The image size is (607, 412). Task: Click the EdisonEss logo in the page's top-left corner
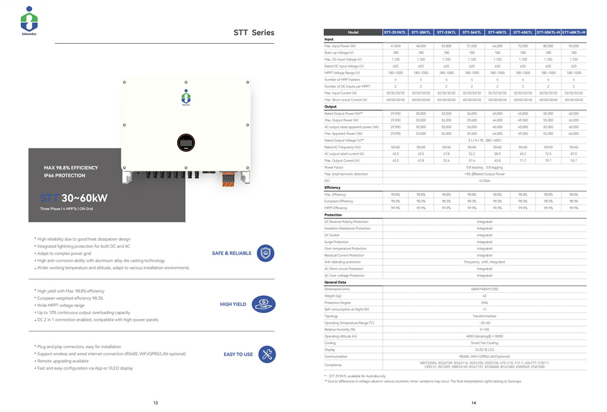(x=29, y=21)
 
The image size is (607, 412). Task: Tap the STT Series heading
(x=254, y=33)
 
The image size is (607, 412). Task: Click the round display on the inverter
(x=186, y=143)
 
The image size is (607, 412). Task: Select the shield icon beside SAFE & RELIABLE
(x=265, y=253)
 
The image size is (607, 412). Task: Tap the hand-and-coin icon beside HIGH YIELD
(x=265, y=304)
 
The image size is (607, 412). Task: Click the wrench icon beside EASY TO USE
(x=265, y=354)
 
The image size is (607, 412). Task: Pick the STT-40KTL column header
(x=497, y=32)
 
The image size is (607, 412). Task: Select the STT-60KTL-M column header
(x=573, y=32)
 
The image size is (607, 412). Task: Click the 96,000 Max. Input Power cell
(x=573, y=46)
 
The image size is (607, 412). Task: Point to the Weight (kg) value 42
(x=484, y=296)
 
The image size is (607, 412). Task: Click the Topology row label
(x=331, y=316)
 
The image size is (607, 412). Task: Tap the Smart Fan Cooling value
(x=484, y=343)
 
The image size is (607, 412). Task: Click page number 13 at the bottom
(x=155, y=403)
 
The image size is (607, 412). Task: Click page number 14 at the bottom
(x=473, y=403)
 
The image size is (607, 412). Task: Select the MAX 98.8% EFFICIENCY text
(x=70, y=168)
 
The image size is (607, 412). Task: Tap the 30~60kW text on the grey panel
(x=84, y=198)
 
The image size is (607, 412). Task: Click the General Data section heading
(x=335, y=283)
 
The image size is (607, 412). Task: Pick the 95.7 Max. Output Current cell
(x=573, y=160)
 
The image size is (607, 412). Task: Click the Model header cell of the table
(x=353, y=32)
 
